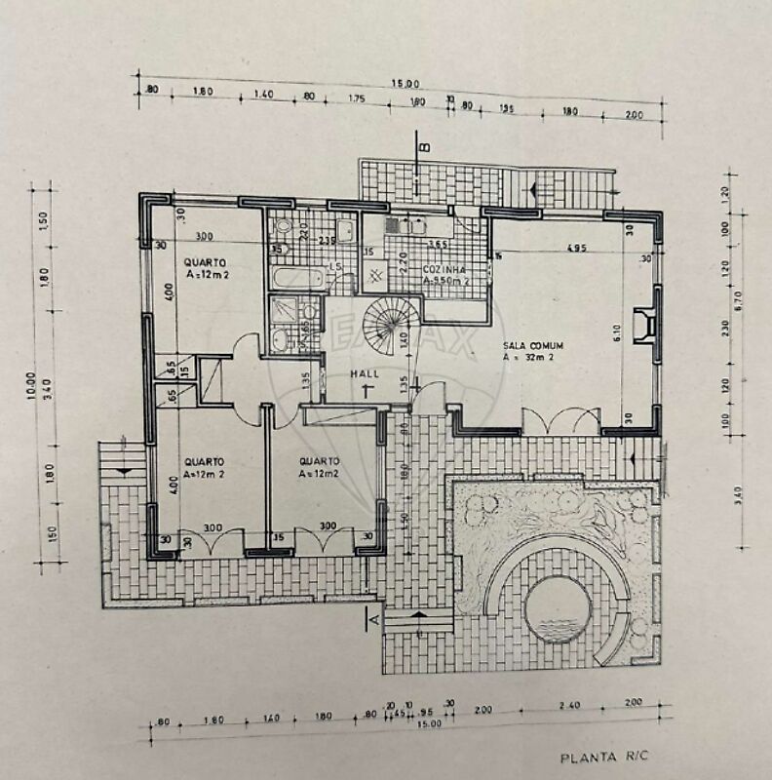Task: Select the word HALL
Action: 367,373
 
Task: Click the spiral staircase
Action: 389,323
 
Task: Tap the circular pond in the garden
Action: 557,605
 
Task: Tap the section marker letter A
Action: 371,615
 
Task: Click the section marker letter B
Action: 424,148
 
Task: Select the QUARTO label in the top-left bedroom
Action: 205,261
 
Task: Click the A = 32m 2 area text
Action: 530,358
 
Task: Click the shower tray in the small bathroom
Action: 285,311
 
